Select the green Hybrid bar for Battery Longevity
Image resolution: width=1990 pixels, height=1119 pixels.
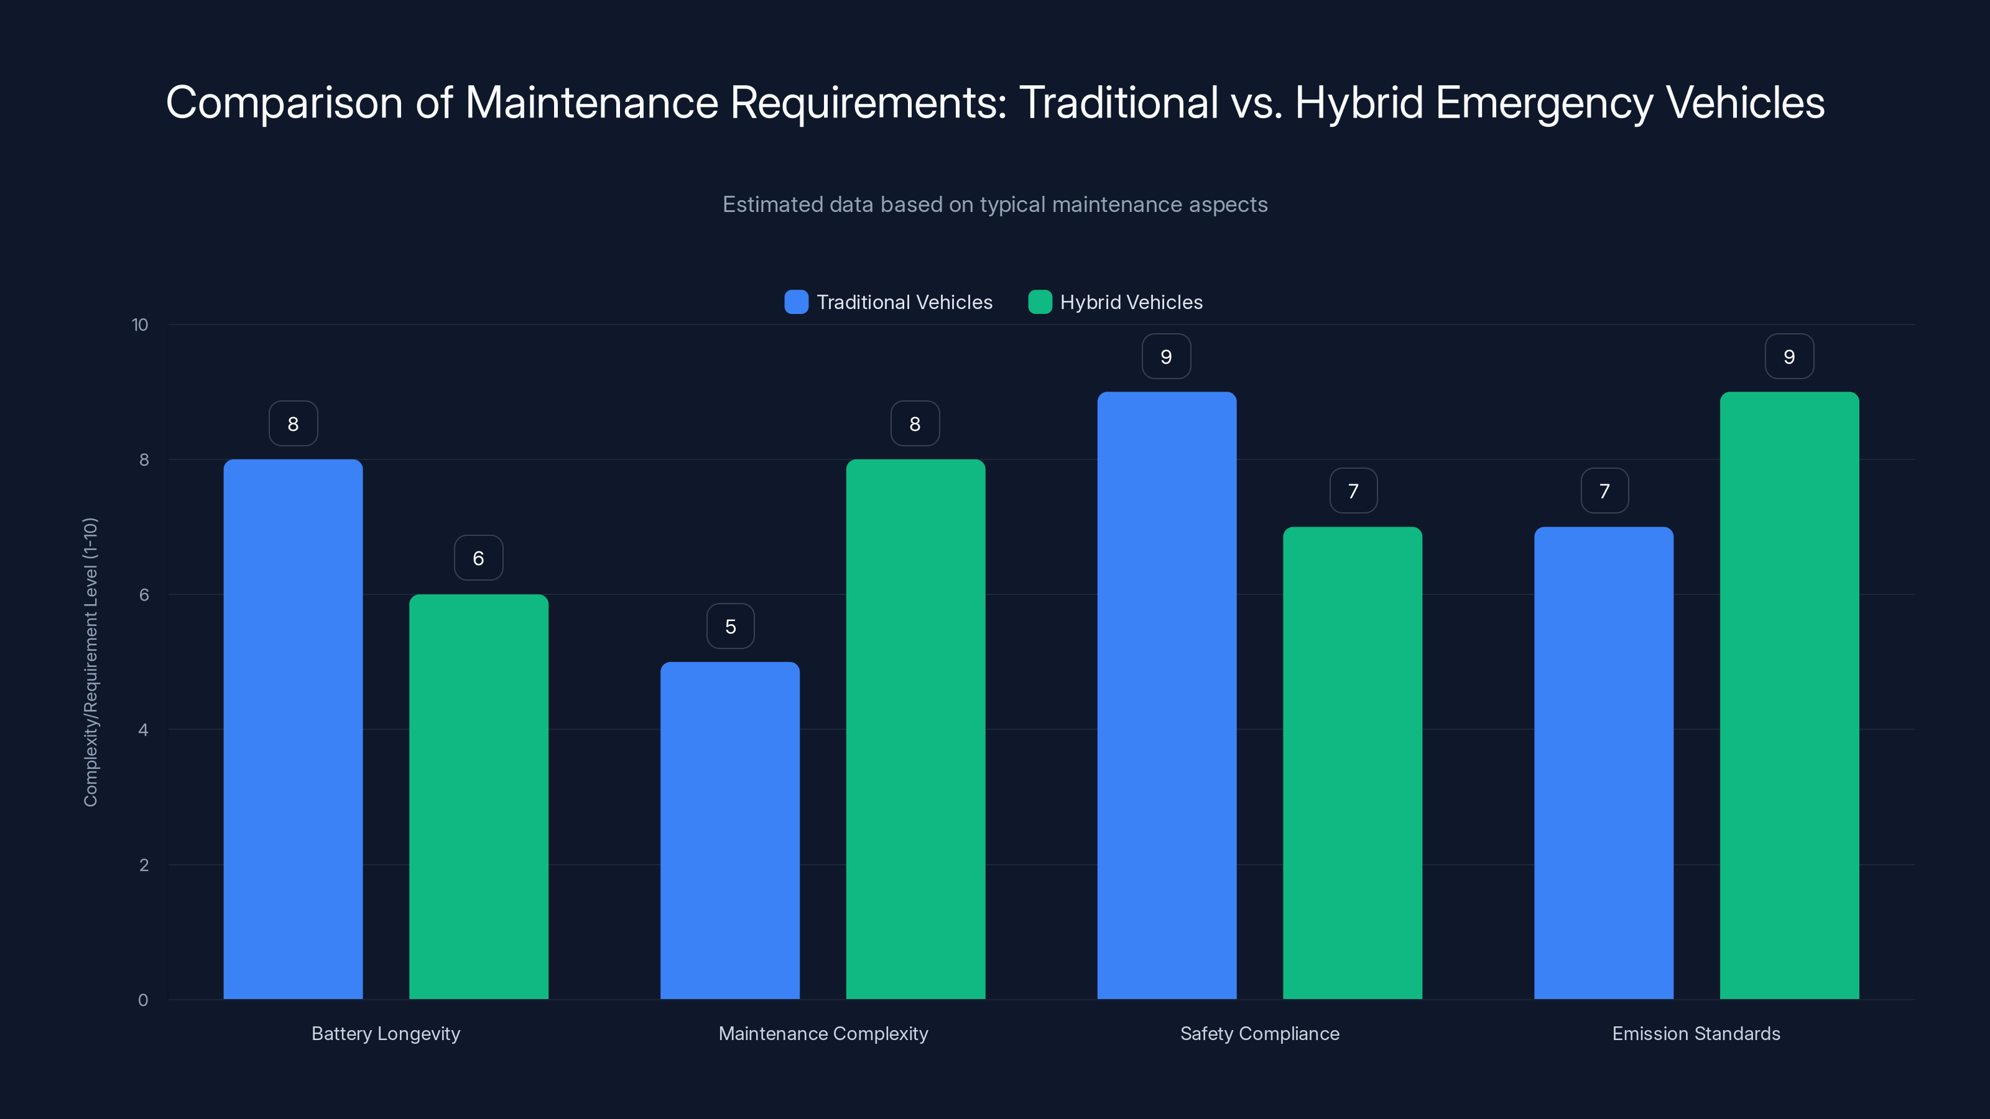point(478,796)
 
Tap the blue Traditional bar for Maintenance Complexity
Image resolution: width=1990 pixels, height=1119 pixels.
point(730,830)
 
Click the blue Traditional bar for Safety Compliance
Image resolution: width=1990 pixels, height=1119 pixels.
point(1167,695)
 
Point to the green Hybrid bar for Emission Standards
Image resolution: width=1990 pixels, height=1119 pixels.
point(1789,695)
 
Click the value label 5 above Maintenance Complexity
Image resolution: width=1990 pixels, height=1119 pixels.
point(730,626)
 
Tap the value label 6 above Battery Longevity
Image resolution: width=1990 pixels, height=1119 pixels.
point(478,558)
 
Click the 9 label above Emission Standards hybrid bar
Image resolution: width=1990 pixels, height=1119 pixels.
point(1789,357)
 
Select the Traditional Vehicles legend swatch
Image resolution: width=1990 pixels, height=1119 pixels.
point(796,302)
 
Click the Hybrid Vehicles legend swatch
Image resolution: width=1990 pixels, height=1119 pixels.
point(1040,302)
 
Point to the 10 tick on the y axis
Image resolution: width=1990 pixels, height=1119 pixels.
point(140,325)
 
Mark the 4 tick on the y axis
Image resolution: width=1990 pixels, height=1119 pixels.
point(144,730)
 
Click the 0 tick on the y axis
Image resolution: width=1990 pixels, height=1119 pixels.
point(144,1000)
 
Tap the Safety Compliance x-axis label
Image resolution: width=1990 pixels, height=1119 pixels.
point(1259,1033)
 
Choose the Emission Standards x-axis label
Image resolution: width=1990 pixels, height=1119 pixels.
point(1696,1033)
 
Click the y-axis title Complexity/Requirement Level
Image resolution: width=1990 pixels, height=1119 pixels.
point(90,662)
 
